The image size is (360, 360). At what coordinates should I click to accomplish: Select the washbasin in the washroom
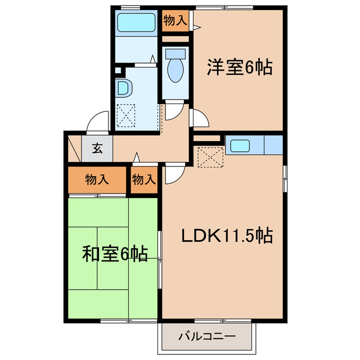123,89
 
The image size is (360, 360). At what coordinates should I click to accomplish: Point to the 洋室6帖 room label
240,68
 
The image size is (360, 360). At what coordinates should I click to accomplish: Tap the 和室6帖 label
115,254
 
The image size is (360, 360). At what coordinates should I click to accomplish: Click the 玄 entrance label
97,149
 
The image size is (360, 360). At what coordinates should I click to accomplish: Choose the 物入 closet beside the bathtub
175,21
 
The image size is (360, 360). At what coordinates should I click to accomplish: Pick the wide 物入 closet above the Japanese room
97,180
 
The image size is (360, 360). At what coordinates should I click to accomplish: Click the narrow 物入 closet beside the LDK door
143,180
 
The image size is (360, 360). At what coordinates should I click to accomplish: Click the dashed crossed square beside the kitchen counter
211,157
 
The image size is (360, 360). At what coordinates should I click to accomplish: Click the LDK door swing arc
173,175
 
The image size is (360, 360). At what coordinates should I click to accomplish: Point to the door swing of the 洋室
200,118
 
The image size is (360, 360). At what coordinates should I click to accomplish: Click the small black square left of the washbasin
118,71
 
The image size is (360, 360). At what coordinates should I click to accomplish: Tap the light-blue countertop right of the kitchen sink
273,145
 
